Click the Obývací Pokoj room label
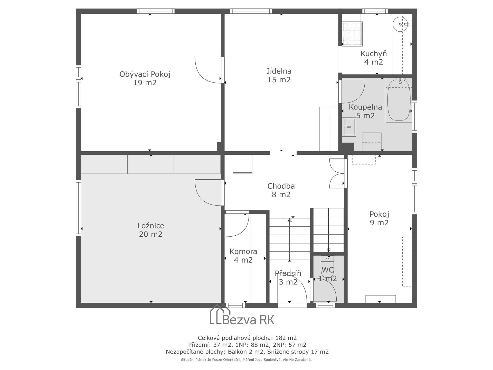point(145,78)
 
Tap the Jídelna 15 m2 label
point(279,75)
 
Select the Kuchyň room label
point(374,58)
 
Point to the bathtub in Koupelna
point(399,100)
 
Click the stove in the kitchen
point(352,34)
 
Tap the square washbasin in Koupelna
point(349,127)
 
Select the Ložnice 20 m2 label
point(151,230)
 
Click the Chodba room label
point(281,190)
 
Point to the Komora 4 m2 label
point(243,256)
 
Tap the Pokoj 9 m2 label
point(379,218)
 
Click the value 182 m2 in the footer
point(286,338)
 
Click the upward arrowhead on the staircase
point(290,220)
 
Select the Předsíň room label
point(288,278)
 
